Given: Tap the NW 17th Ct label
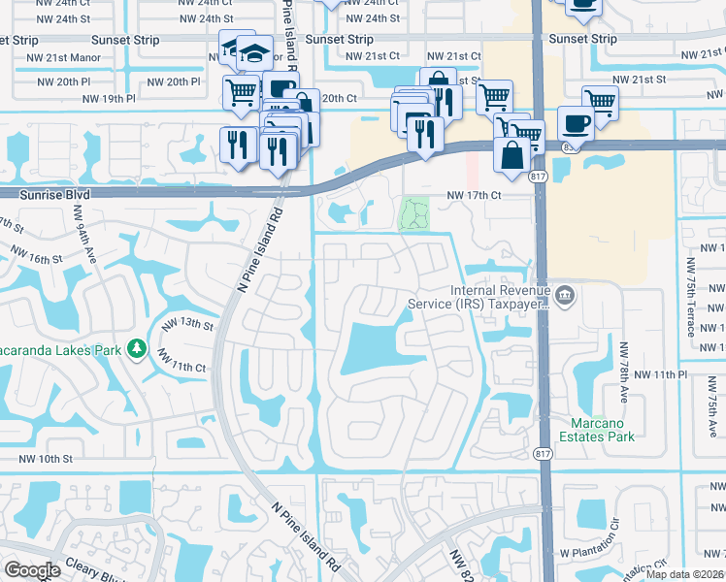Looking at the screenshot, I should (x=474, y=195).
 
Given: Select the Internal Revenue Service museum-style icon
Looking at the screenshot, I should (x=565, y=292).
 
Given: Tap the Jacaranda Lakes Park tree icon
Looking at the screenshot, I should (x=137, y=347).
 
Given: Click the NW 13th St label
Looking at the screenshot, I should (x=186, y=325).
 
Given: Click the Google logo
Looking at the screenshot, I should (x=32, y=570).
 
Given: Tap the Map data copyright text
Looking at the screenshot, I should (x=685, y=574).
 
